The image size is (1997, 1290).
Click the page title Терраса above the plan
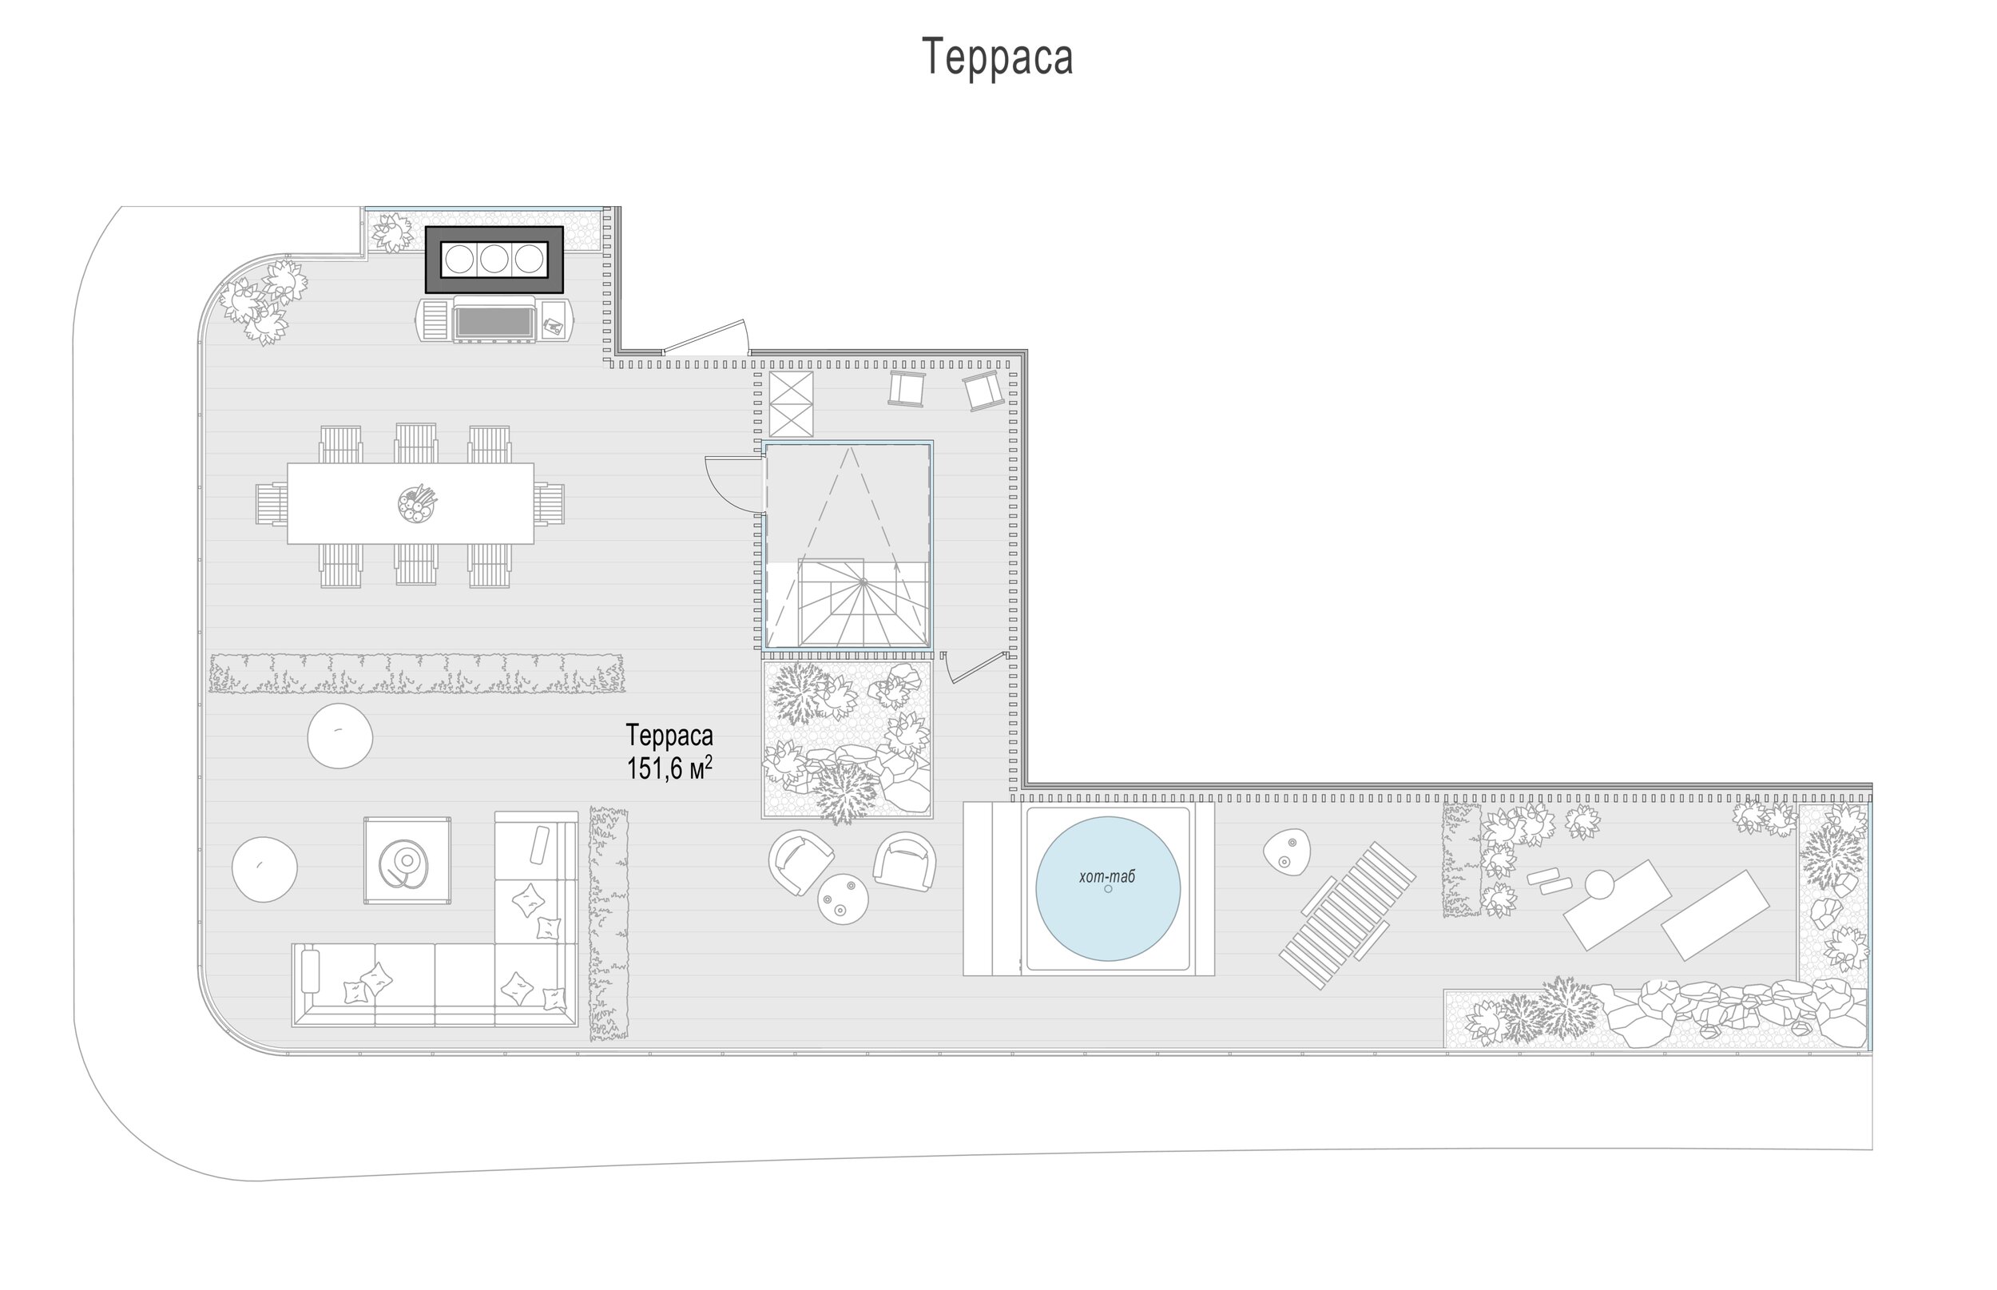click(997, 57)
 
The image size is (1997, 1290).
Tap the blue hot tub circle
click(1107, 888)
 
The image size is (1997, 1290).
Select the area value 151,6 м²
click(669, 768)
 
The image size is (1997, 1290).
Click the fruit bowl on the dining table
click(417, 504)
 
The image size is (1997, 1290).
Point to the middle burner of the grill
click(494, 260)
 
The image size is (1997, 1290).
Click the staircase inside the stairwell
click(863, 603)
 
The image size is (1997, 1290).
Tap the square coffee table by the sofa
click(407, 860)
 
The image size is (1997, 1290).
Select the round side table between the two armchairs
click(843, 899)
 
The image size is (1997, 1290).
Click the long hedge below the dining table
click(417, 673)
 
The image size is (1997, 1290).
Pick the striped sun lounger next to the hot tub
click(1347, 915)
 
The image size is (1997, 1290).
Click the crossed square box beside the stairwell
click(791, 403)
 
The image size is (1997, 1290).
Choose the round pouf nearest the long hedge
click(339, 736)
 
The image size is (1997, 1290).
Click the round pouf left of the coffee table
click(264, 870)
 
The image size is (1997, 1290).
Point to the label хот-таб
click(1106, 877)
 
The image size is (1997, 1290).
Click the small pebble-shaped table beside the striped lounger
click(1287, 852)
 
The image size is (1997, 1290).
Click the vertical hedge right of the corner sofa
click(608, 924)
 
